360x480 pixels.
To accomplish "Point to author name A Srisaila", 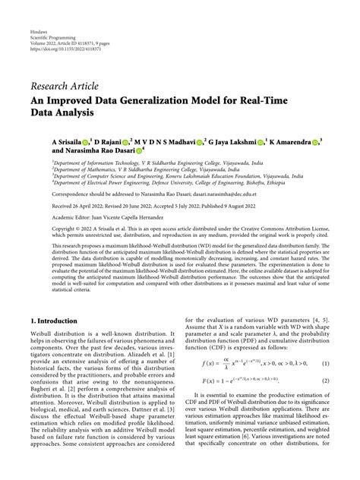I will click(69, 142).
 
